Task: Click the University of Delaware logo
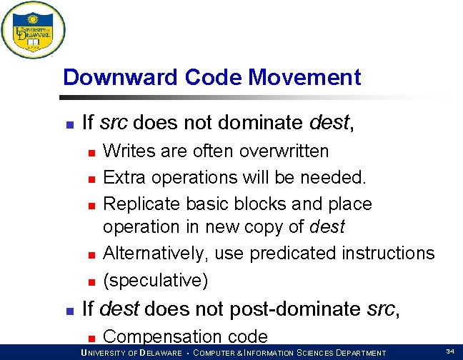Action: point(33,30)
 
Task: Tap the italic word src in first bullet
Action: point(114,123)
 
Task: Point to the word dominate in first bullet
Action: point(254,123)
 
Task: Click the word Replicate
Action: point(141,204)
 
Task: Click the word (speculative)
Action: point(156,280)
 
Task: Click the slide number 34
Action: point(450,351)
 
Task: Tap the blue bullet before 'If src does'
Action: point(69,124)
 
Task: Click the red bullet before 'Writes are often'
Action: point(91,152)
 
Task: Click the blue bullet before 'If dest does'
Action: point(69,311)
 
